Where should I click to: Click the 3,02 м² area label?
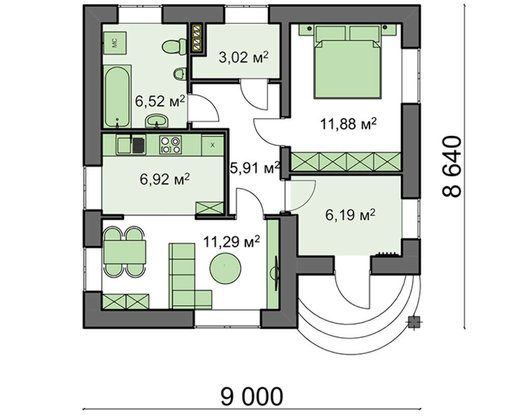[243, 58]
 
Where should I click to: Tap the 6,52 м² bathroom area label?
[160, 101]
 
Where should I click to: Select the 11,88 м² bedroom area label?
[349, 124]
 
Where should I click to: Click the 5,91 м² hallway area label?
[254, 168]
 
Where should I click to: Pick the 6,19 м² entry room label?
[351, 215]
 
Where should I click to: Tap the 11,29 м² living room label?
[232, 242]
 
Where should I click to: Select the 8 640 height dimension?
[451, 166]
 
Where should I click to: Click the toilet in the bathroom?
[174, 46]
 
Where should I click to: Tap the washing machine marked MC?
[115, 43]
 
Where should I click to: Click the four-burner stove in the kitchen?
[171, 144]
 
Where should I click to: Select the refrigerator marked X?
[213, 145]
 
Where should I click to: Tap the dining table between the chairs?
[124, 252]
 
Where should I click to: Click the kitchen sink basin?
[124, 145]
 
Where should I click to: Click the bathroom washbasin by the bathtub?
[157, 122]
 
